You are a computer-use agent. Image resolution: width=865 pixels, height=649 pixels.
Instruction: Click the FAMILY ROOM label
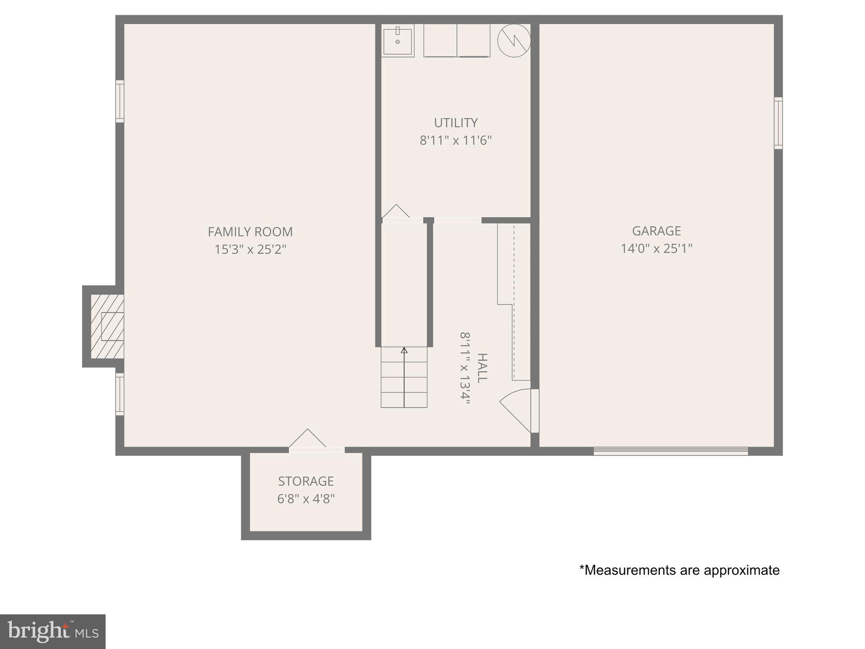250,232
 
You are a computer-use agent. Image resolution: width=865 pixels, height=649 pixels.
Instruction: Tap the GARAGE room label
656,231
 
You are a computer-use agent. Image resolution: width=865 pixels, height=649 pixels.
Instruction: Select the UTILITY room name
456,123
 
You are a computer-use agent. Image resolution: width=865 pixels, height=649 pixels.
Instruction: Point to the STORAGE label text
306,481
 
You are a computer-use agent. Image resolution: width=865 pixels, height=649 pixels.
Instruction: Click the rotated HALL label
482,368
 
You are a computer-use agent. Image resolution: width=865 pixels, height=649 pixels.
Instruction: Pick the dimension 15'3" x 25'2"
250,249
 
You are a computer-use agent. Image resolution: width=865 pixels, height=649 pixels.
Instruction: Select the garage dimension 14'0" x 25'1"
656,248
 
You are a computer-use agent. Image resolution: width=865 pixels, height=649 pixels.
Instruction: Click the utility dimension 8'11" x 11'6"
456,140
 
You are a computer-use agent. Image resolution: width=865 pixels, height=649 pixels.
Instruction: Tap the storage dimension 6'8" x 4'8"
306,499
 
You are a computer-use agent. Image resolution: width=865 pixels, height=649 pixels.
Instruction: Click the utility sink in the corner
397,41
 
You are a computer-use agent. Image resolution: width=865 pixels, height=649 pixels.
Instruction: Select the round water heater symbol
514,41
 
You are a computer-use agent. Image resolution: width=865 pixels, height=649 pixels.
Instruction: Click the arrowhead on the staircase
404,350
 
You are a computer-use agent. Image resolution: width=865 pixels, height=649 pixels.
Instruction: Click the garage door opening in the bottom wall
671,451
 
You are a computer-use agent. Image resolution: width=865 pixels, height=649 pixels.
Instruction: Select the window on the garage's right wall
778,123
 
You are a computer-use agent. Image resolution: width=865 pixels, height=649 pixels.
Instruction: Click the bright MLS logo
53,631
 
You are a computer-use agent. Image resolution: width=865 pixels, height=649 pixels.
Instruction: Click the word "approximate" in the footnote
741,570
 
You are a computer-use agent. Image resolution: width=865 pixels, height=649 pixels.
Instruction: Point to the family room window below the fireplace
120,394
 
